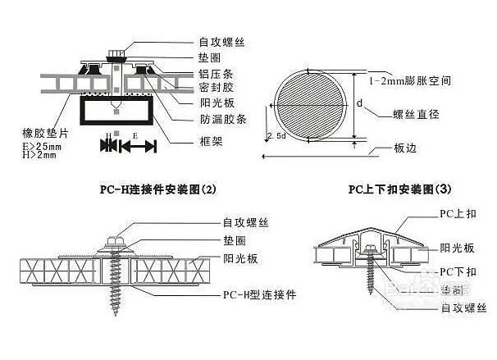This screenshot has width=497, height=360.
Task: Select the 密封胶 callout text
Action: click(x=216, y=87)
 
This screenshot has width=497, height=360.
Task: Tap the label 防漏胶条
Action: click(x=221, y=119)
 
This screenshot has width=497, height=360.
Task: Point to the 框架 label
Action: click(x=210, y=141)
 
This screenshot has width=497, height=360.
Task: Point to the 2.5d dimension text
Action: click(x=276, y=134)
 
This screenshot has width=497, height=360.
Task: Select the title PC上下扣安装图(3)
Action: click(x=399, y=188)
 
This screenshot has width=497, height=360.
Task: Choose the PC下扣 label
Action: click(x=456, y=271)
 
